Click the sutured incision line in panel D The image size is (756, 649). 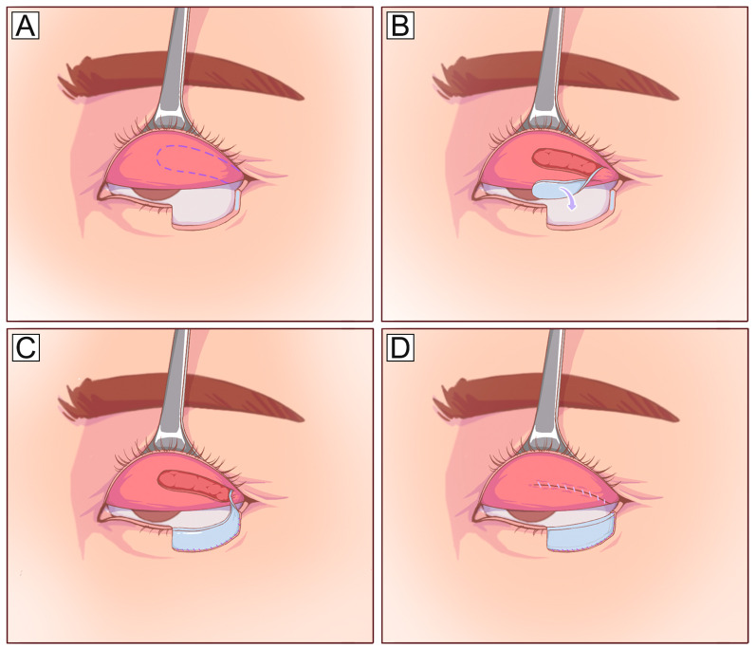pos(569,491)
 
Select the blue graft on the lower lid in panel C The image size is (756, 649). pos(206,539)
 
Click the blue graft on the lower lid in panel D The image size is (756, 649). pos(581,537)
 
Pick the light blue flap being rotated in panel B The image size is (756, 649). pos(550,189)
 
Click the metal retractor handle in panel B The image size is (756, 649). pos(549,57)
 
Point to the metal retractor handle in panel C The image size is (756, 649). pos(175,380)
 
